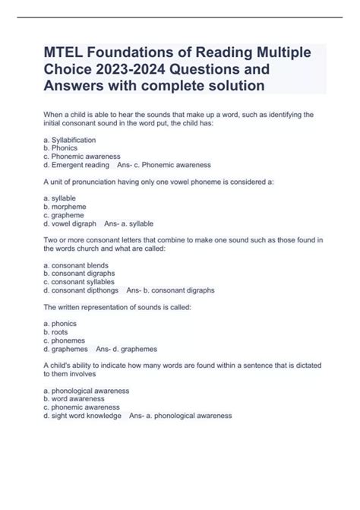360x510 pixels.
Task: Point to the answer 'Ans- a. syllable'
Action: pos(128,223)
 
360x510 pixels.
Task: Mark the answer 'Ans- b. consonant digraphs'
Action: pos(171,290)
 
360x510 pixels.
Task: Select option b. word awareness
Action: pos(77,398)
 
